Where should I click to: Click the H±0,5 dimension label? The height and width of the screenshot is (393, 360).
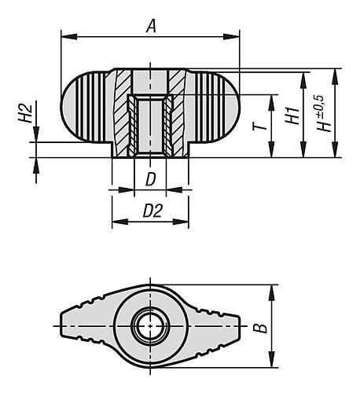(319, 113)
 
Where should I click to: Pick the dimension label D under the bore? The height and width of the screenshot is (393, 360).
(150, 179)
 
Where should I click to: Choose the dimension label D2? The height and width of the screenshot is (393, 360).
(151, 211)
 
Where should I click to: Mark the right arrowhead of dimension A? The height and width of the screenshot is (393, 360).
(235, 35)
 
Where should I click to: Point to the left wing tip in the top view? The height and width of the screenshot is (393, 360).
(64, 325)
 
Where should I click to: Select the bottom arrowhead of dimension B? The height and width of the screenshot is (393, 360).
(273, 363)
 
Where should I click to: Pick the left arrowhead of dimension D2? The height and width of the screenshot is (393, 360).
(115, 221)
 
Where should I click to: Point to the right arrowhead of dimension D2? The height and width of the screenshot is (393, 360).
(186, 221)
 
